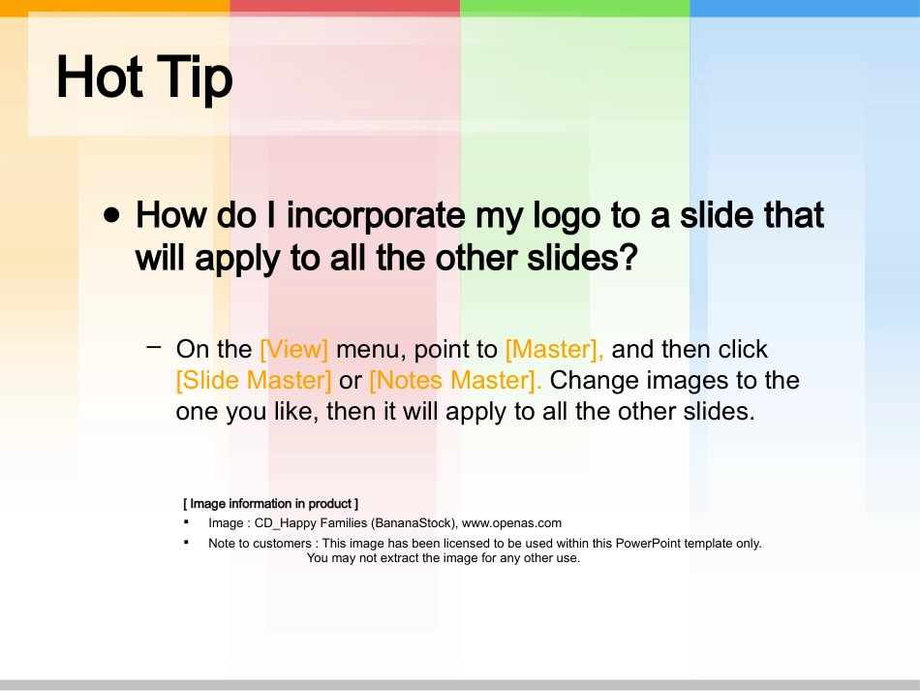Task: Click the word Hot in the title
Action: (100, 77)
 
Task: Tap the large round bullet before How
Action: (111, 215)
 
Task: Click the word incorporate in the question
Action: (376, 217)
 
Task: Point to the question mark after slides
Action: (629, 257)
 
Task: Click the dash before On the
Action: (154, 347)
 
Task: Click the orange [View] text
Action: (294, 349)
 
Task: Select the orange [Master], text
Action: (555, 349)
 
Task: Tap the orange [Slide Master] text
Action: (254, 381)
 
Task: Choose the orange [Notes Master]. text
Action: (455, 381)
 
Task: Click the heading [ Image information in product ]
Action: (270, 504)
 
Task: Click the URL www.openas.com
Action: (511, 523)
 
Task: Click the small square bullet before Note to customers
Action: (187, 542)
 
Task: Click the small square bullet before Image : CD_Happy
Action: (187, 521)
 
